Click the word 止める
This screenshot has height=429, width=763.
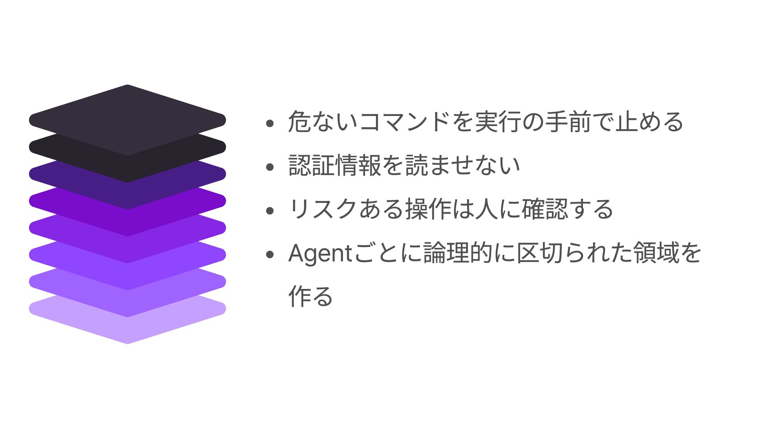649,122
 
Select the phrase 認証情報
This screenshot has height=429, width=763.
335,165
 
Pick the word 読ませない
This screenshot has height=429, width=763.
463,165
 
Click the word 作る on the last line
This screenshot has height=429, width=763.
311,296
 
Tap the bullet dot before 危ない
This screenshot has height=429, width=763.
270,124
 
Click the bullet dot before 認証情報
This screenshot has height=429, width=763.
270,167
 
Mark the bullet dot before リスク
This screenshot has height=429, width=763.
270,211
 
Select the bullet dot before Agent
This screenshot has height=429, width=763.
270,255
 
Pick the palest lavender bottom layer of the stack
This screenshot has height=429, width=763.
127,330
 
